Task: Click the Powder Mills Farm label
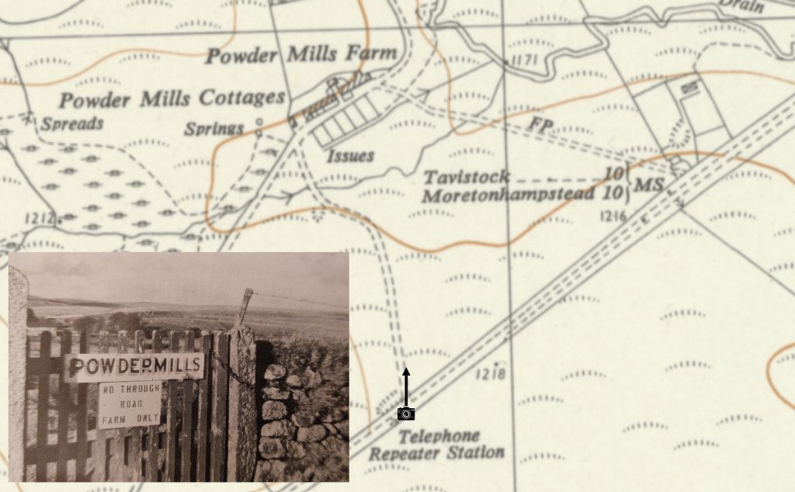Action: (301, 55)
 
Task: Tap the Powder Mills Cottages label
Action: (172, 99)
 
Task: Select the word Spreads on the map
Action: (72, 123)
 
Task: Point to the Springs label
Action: (214, 129)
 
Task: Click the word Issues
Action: (350, 155)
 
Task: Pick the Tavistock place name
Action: (466, 177)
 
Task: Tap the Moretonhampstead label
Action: (508, 194)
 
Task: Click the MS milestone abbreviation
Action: (648, 185)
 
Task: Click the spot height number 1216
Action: (613, 215)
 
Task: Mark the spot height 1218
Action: (493, 375)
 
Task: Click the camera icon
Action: (405, 413)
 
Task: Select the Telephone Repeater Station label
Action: (436, 445)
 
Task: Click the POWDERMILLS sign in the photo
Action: (134, 365)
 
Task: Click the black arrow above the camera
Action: (405, 385)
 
